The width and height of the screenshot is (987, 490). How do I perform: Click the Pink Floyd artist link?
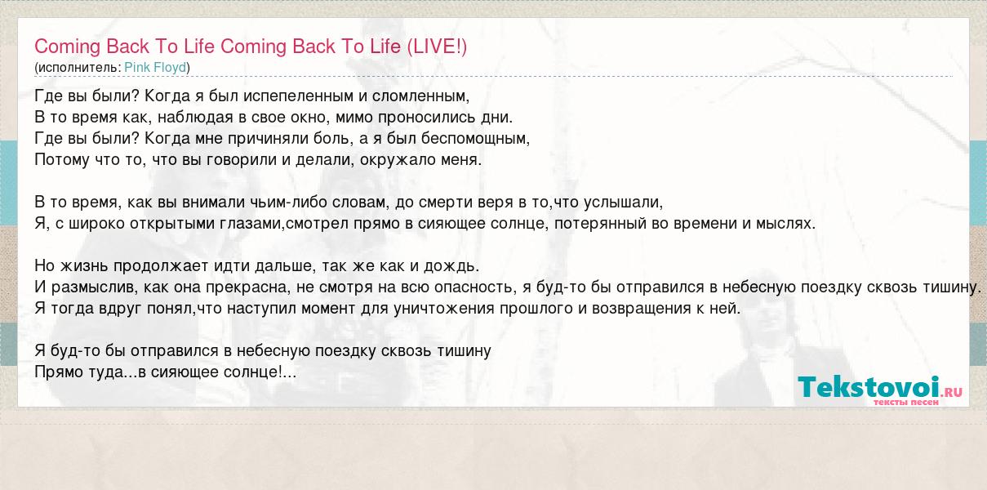(x=155, y=68)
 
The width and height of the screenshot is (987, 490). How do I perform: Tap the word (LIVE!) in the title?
(x=437, y=47)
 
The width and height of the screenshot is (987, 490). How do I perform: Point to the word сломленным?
(x=420, y=96)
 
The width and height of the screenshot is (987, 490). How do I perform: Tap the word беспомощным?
(x=475, y=139)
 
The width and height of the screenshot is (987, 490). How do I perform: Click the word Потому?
(x=62, y=159)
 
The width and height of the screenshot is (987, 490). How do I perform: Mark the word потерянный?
(x=600, y=224)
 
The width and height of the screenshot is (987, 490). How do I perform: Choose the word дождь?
(x=451, y=266)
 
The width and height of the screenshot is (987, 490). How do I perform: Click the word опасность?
(x=474, y=287)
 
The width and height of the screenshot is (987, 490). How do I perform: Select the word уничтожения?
(x=444, y=309)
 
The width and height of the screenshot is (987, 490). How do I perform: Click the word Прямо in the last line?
(x=56, y=372)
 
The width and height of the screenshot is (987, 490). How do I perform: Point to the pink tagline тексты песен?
(x=906, y=403)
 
